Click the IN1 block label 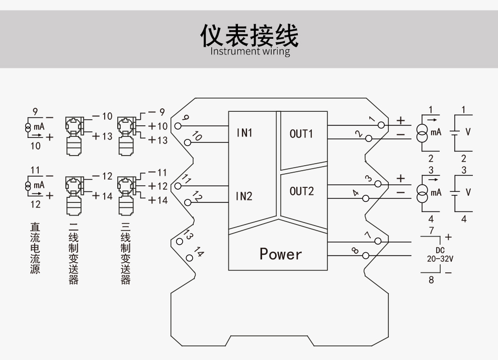coord(244,133)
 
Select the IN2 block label coord(244,196)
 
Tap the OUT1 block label coord(301,134)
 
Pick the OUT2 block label coord(301,191)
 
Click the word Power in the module coord(281,254)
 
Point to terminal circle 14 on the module coord(189,257)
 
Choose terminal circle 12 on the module coord(188,202)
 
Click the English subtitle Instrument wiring coord(250,51)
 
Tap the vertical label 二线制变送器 coord(74,254)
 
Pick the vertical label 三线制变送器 coord(125,254)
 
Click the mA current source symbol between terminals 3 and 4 coord(423,192)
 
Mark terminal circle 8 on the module coord(366,256)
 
